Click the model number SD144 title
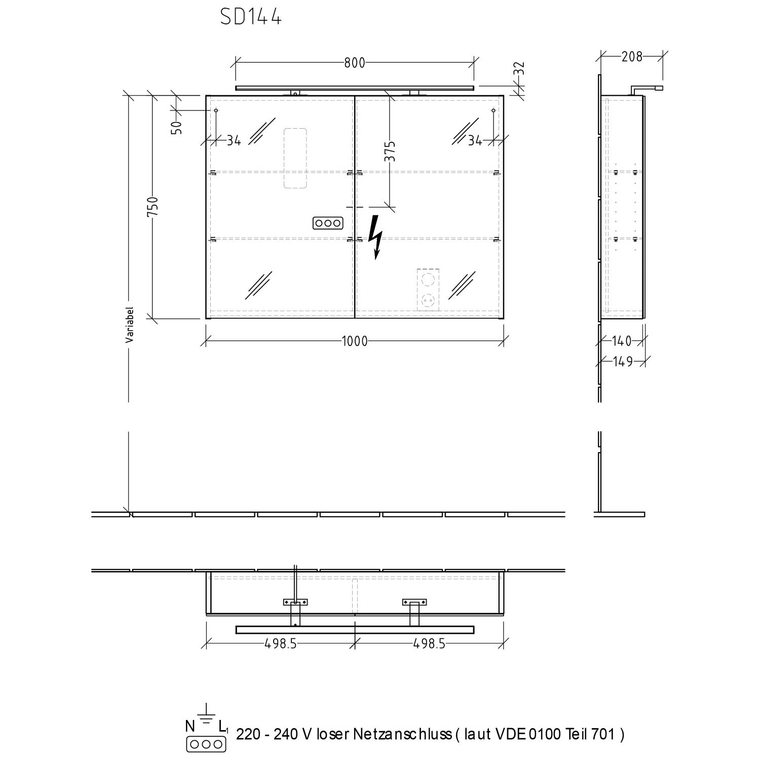[251, 17]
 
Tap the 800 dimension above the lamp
[355, 63]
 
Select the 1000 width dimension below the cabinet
[355, 341]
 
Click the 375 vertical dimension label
[390, 151]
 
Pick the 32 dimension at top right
[520, 69]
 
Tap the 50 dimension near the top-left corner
[177, 127]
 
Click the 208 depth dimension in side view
[632, 57]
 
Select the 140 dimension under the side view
[622, 341]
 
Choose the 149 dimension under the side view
[623, 361]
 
